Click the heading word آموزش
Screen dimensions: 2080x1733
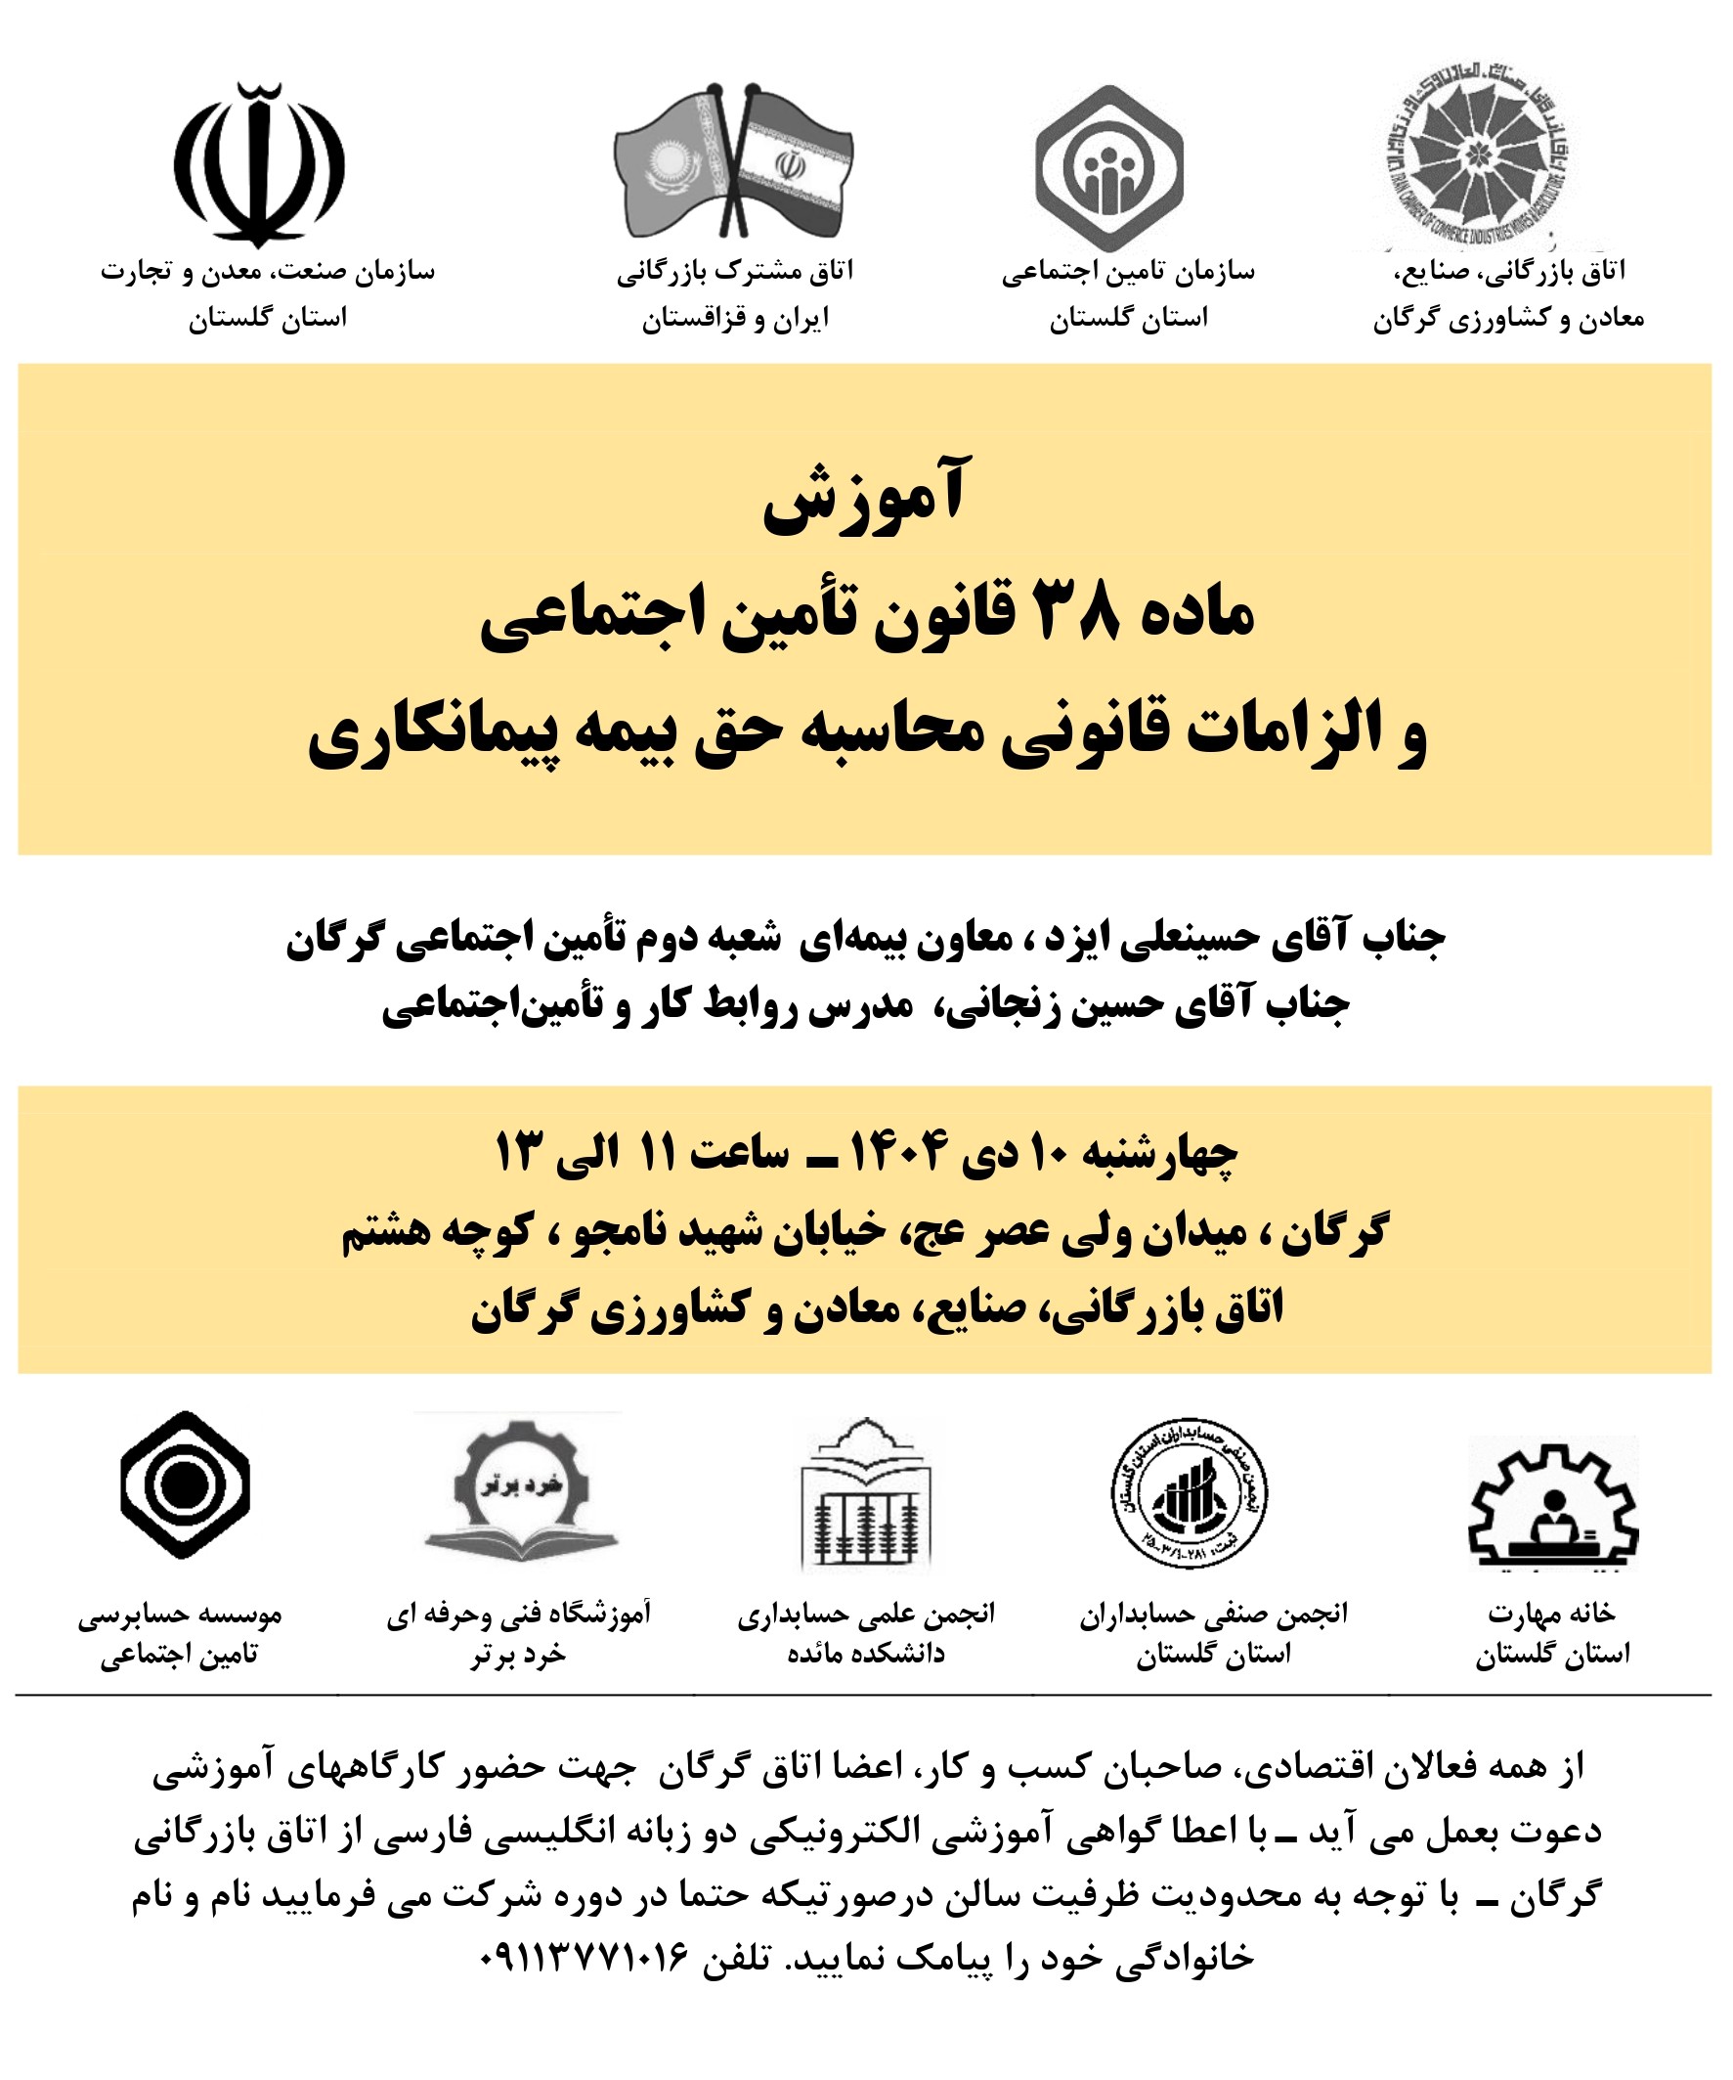pyautogui.click(x=864, y=496)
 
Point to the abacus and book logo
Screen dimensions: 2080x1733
pyautogui.click(x=866, y=1495)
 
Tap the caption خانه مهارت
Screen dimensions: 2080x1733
pyautogui.click(x=1551, y=1614)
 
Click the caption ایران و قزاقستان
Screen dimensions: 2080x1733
pyautogui.click(x=735, y=319)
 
